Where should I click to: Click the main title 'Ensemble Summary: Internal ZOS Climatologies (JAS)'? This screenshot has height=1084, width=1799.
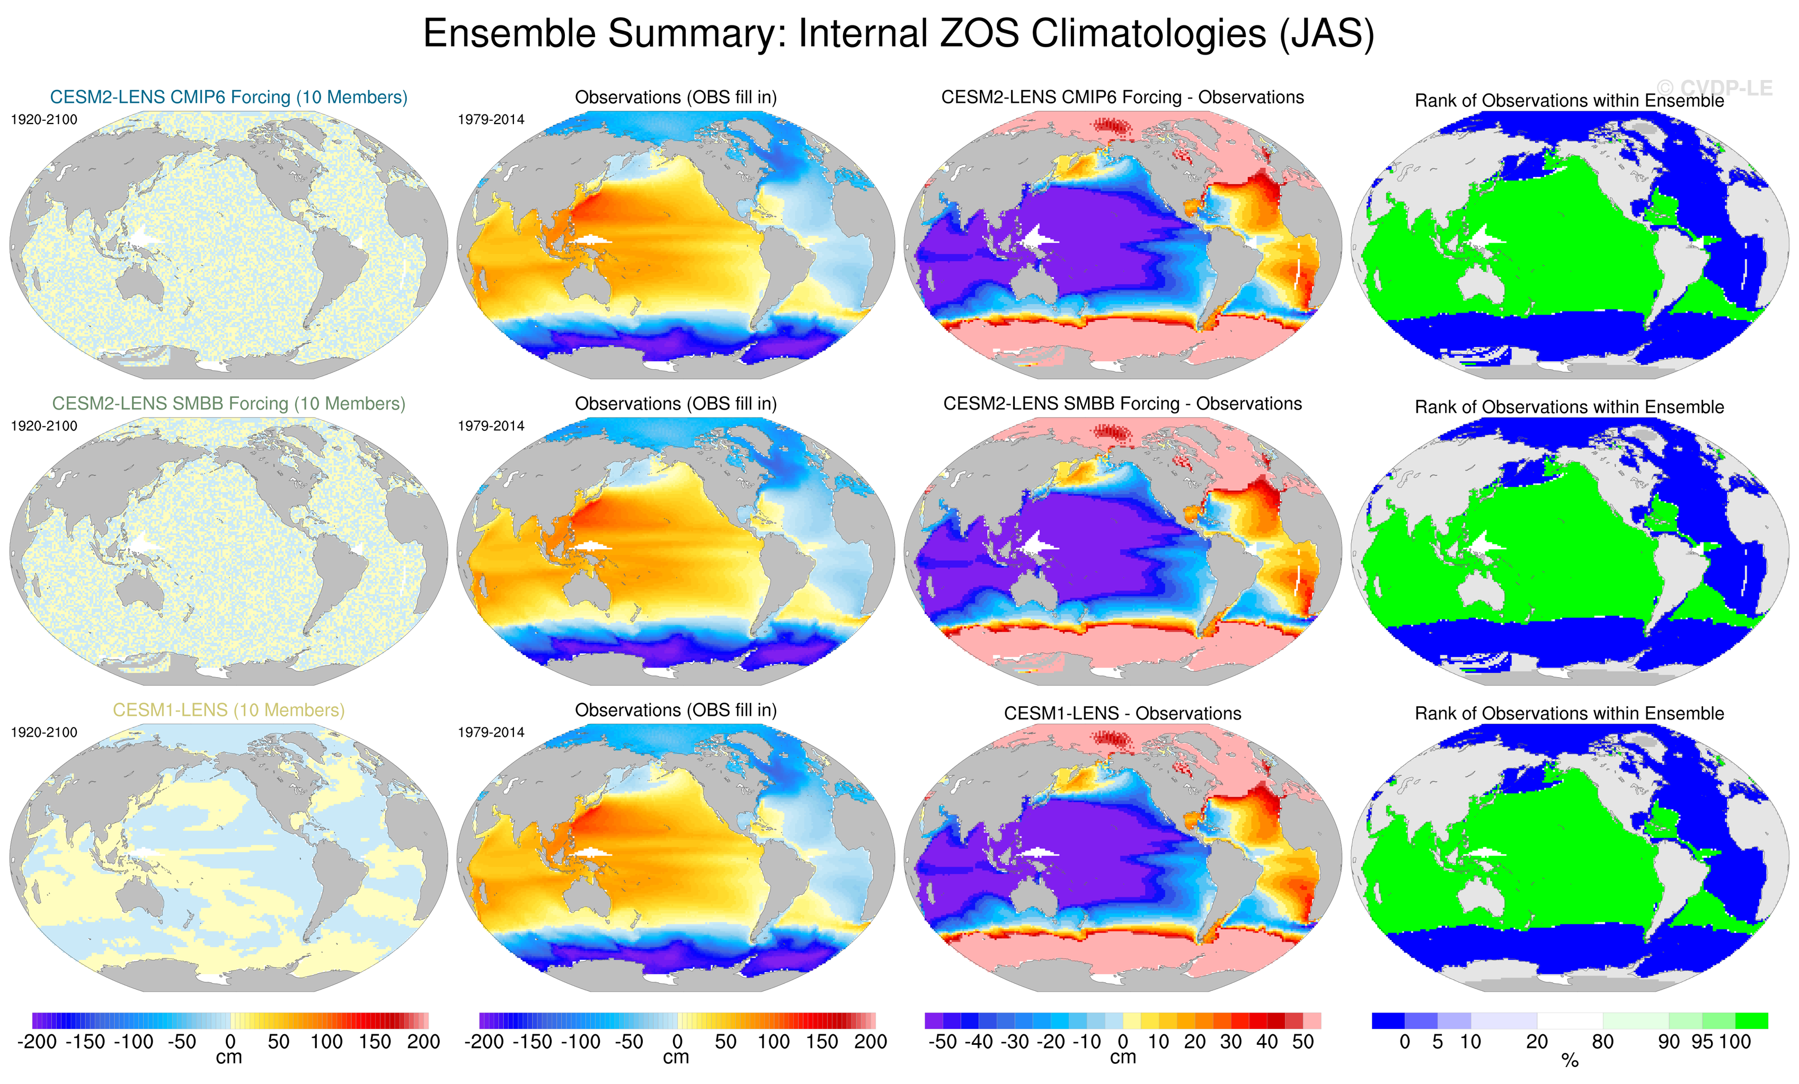point(898,33)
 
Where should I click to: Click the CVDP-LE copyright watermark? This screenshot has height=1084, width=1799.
point(1714,88)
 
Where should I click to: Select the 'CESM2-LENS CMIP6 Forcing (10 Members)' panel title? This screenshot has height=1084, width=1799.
point(228,97)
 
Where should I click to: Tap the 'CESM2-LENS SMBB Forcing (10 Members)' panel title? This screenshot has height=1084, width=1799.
point(228,404)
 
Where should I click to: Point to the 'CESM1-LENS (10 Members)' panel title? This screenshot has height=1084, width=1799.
point(228,710)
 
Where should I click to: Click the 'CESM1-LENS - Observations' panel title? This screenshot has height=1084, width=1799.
point(1122,713)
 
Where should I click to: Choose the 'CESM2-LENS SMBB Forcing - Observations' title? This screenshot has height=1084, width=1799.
point(1122,404)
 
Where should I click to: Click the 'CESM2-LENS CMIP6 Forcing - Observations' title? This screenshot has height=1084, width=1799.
point(1122,97)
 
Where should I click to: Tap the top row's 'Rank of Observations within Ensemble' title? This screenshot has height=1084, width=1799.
point(1569,101)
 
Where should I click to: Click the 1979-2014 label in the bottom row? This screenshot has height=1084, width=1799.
point(491,732)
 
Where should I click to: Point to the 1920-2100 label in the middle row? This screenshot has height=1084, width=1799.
point(44,425)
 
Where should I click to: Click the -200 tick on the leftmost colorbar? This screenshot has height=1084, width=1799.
point(37,1042)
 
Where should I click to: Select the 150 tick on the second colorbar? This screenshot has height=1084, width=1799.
point(822,1042)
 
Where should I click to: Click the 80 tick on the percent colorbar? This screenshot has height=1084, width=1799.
point(1602,1042)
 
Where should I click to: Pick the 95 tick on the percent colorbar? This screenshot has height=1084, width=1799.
point(1702,1042)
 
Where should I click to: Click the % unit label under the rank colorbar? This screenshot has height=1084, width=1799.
point(1570,1061)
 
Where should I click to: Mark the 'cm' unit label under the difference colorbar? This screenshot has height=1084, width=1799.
point(1122,1057)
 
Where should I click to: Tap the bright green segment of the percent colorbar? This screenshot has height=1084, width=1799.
point(1751,1020)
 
